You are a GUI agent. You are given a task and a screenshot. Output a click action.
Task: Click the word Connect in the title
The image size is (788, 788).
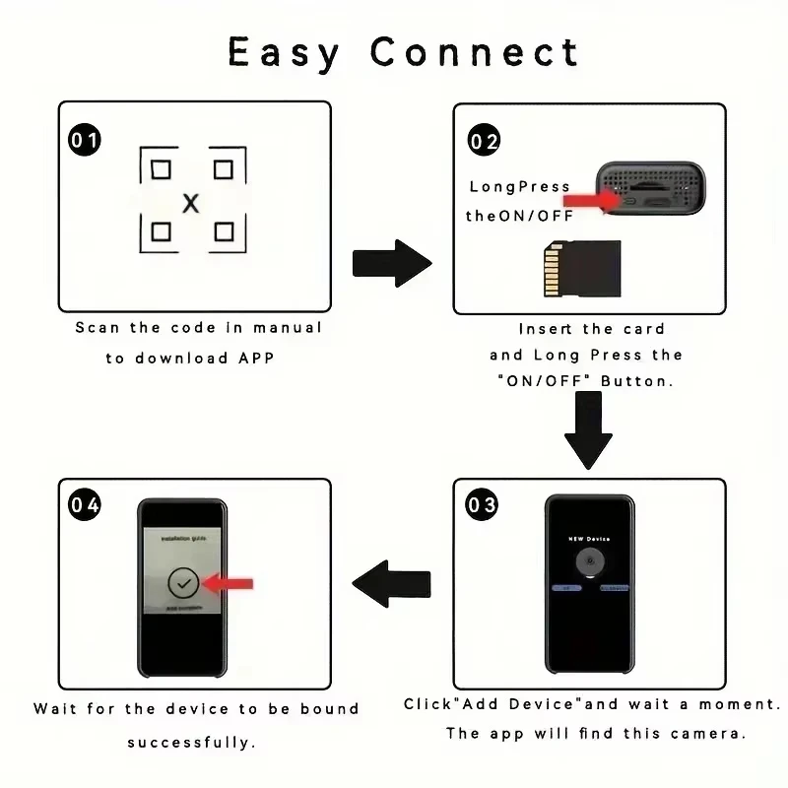coord(475,52)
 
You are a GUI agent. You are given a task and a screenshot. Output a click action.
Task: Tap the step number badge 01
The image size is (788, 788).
coord(85,140)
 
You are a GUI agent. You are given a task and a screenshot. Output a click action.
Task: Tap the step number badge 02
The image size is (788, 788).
coord(484,141)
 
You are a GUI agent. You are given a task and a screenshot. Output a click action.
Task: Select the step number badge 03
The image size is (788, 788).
coord(482,506)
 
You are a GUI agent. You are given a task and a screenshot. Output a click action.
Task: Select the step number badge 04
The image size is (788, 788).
coord(85,505)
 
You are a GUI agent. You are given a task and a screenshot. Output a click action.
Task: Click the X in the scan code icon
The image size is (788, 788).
coord(191,203)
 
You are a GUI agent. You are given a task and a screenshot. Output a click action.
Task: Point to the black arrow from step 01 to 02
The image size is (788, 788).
coord(392,263)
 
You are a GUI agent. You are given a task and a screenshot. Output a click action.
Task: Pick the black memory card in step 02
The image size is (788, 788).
coord(582,270)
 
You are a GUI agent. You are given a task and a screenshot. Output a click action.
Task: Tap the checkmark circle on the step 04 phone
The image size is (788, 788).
coord(183,584)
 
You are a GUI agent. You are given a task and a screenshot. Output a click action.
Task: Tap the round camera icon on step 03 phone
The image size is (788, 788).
coord(589,564)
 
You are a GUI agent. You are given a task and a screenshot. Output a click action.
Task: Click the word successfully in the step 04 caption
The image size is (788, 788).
coord(191,742)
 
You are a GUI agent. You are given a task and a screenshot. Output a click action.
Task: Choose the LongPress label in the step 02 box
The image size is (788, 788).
coord(519,186)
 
